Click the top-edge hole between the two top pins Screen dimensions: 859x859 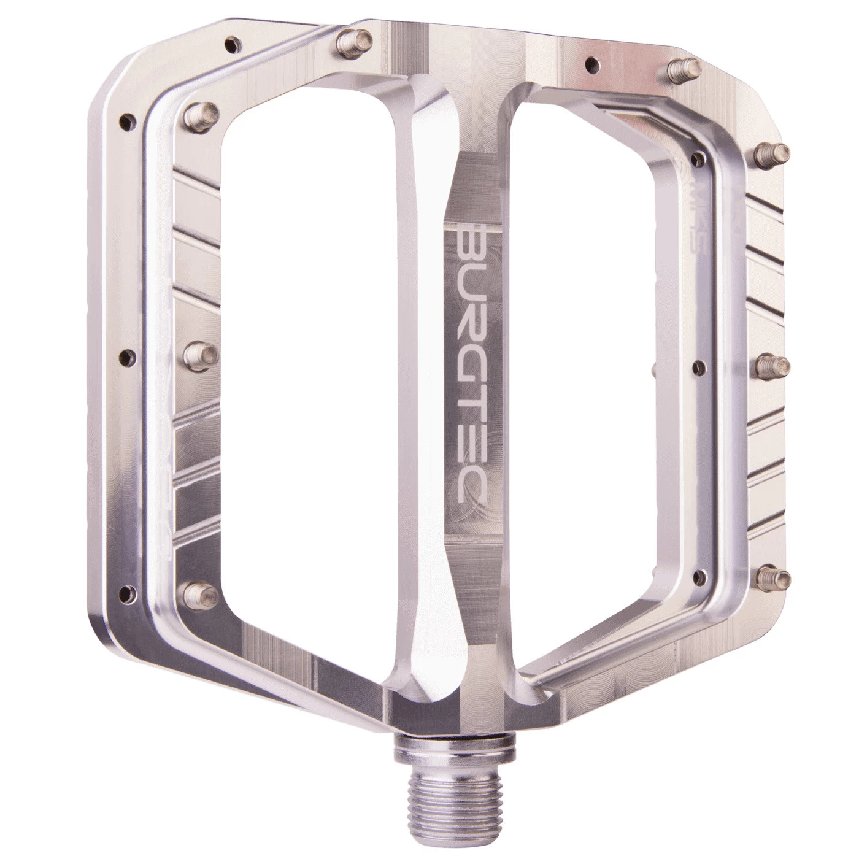(x=592, y=61)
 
